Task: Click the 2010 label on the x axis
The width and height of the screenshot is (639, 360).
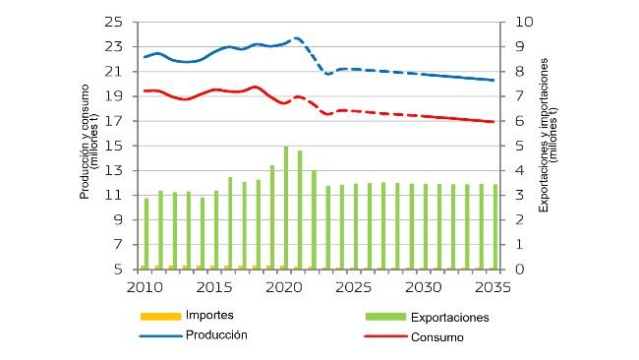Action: point(144,286)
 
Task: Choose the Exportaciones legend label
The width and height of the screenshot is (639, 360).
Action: point(447,318)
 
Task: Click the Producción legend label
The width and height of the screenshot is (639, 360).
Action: point(216,334)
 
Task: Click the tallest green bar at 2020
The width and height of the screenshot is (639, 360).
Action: point(286,208)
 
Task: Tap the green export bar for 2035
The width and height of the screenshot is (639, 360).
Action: point(495,226)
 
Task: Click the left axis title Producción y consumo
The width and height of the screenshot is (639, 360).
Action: point(89,146)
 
